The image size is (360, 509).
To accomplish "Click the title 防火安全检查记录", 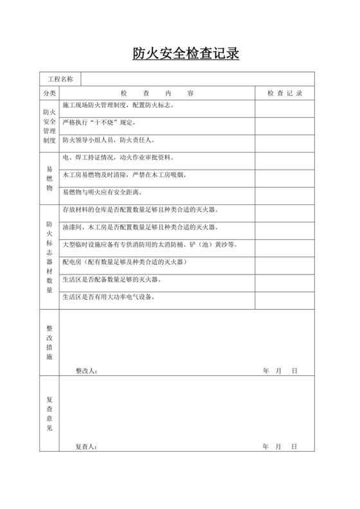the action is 186,53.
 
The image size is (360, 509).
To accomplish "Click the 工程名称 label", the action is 60,79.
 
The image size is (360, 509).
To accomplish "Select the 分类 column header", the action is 50,93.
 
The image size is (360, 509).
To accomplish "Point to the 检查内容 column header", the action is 157,93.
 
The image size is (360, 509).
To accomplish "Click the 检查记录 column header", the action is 285,93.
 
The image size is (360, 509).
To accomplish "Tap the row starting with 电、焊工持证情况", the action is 122,157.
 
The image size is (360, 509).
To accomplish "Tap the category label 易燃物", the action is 50,175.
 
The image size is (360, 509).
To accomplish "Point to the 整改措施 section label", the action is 50,342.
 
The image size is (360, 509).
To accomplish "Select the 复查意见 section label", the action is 50,413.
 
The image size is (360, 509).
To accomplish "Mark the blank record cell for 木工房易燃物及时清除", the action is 285,175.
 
